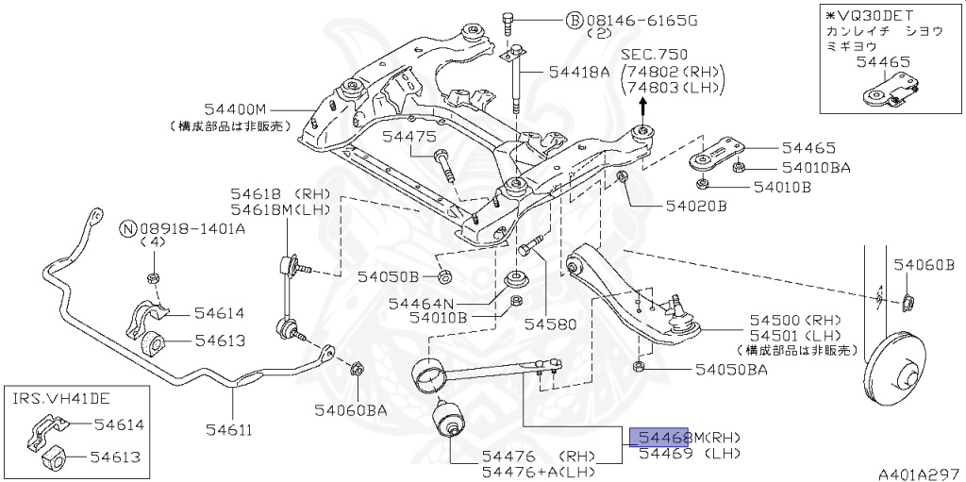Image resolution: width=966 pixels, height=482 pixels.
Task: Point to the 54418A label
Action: pos(575,72)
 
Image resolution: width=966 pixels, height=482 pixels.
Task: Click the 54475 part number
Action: pos(408,137)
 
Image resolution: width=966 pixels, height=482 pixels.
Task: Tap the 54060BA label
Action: pos(351,409)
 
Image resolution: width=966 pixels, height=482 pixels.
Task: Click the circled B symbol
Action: pos(574,20)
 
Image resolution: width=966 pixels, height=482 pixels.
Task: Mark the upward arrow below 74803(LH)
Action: pos(643,107)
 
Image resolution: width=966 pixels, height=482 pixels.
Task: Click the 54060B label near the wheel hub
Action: pos(924,265)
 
